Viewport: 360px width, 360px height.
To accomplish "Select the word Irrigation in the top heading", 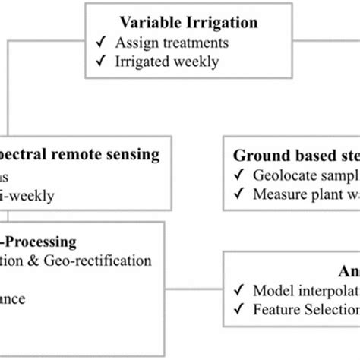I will tap(202, 25).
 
